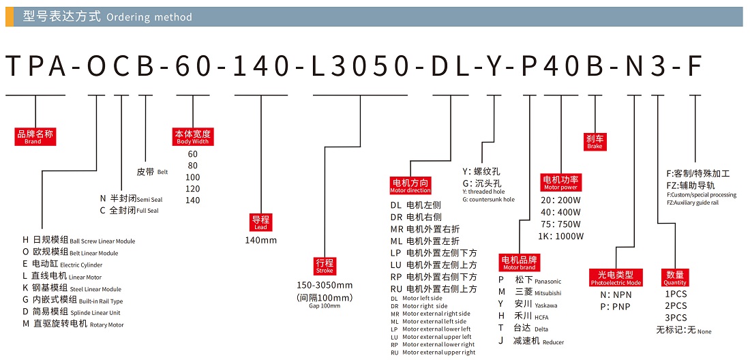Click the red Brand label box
click(34, 137)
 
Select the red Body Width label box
click(193, 137)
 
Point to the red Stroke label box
click(325, 266)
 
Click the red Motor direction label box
click(410, 185)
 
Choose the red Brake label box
click(595, 142)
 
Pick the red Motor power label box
click(560, 183)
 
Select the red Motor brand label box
click(519, 263)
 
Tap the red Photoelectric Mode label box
click(616, 277)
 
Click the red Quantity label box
click(674, 277)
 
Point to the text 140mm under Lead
click(261, 240)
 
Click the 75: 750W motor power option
click(561, 224)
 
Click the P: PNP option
click(614, 307)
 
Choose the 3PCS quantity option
click(676, 318)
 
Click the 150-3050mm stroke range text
click(325, 285)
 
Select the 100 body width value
click(193, 177)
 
